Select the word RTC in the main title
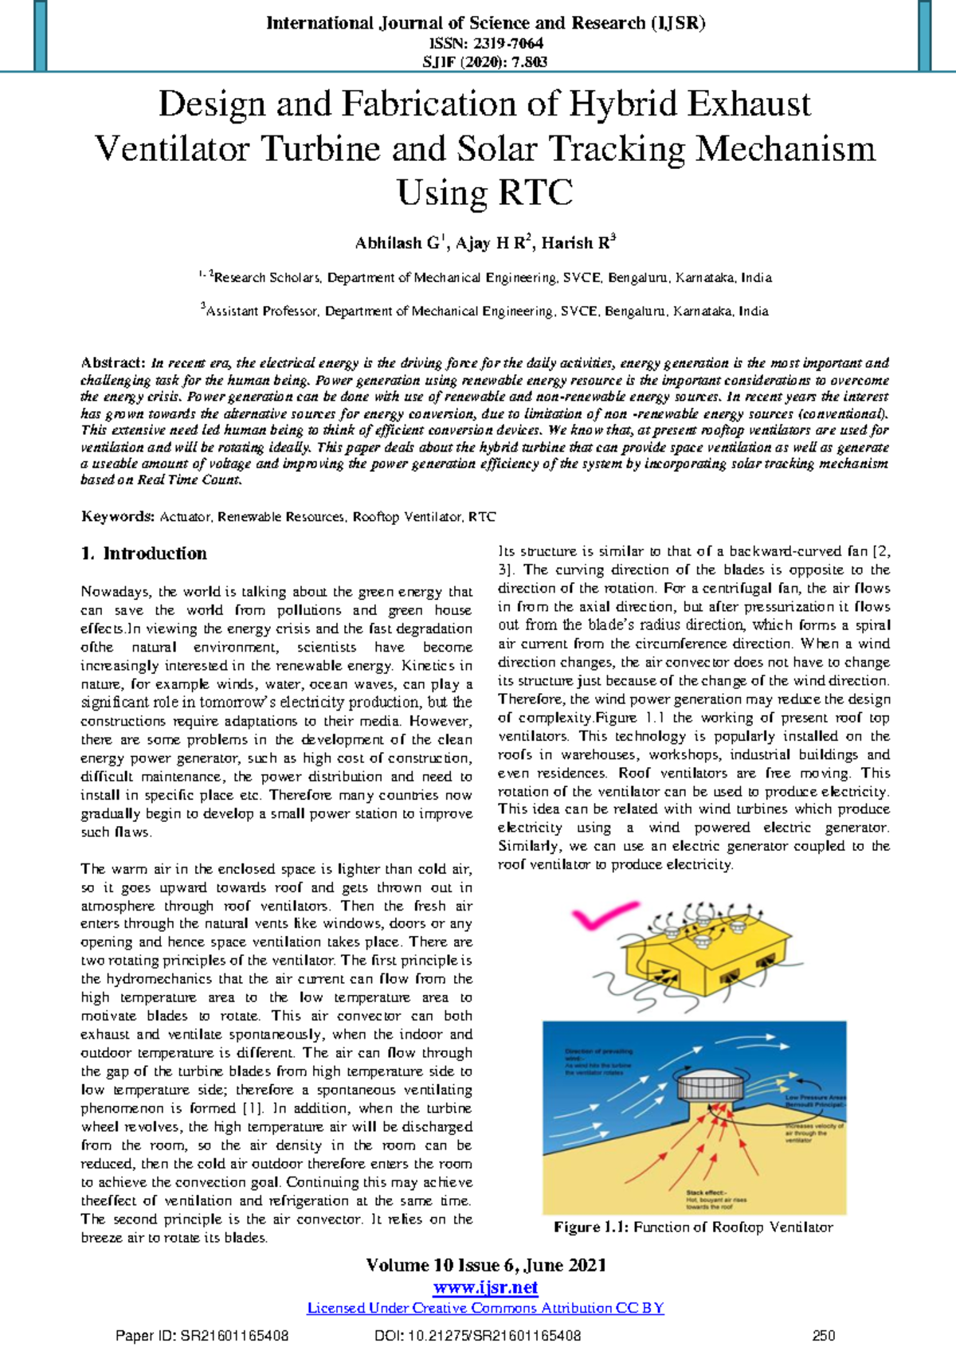coord(535,193)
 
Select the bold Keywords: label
coord(117,517)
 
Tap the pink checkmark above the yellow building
coord(603,917)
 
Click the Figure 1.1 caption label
coord(591,1228)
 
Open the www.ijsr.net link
coord(485,1287)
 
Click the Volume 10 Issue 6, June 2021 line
coord(485,1266)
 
